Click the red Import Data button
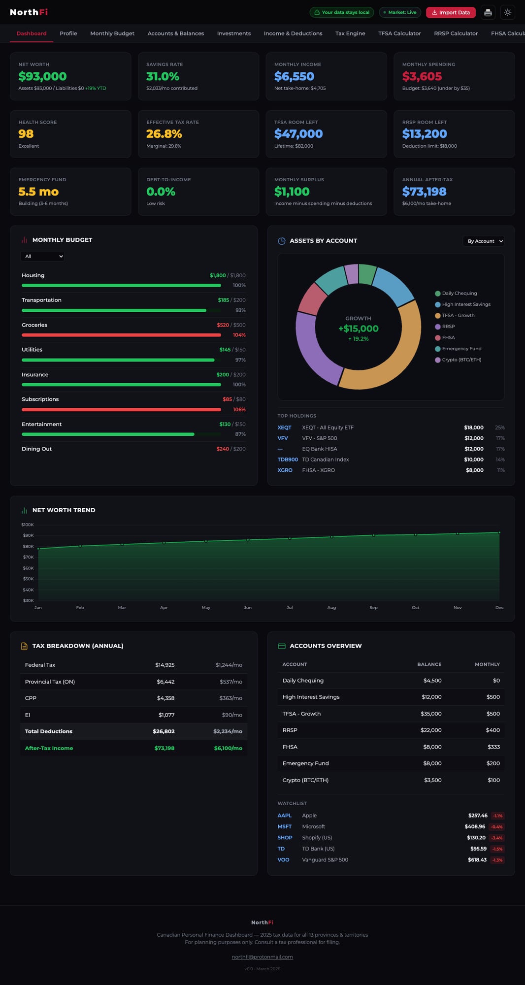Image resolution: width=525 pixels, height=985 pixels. point(451,12)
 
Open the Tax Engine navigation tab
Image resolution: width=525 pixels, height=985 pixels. point(350,33)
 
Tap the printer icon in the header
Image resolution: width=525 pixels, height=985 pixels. point(488,12)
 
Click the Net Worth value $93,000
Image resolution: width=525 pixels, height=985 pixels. point(42,76)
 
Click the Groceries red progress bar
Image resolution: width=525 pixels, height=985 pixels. point(121,335)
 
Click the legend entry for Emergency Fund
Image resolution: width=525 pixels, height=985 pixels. point(461,349)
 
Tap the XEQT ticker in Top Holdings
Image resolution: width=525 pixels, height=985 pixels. point(284,427)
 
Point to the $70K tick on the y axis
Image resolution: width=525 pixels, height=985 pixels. point(28,557)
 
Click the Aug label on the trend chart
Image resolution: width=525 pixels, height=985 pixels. point(331,608)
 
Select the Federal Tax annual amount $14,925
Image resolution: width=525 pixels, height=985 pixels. point(164,665)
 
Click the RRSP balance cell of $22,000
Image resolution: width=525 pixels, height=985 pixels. point(431,730)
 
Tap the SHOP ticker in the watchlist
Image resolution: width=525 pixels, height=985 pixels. point(285,838)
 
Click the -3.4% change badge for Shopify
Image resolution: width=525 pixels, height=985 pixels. point(497,838)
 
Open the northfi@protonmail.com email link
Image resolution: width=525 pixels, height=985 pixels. point(262,957)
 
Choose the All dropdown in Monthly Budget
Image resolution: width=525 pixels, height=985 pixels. point(42,256)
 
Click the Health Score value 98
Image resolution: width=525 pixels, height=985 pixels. point(26,134)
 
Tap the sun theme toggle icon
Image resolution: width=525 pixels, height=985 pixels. point(507,12)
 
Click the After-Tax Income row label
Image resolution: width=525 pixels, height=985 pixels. point(49,748)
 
